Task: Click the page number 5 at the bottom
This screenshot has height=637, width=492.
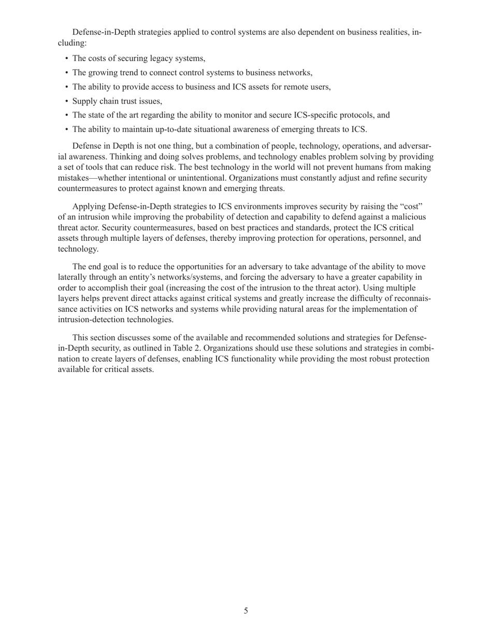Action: click(246, 611)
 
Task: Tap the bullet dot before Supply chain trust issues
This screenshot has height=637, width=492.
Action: click(67, 102)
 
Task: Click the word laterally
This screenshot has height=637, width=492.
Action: click(73, 277)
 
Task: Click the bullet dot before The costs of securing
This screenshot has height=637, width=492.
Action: click(67, 59)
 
